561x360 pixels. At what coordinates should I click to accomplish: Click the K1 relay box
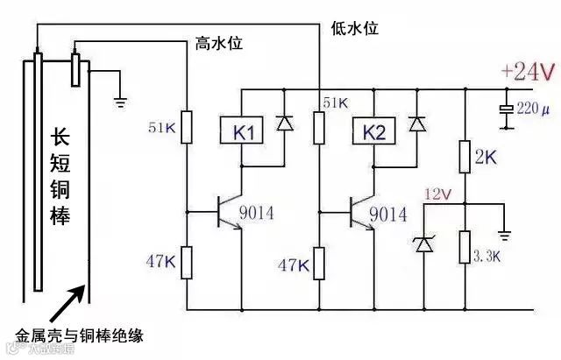click(x=245, y=133)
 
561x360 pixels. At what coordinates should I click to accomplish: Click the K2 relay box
click(x=373, y=133)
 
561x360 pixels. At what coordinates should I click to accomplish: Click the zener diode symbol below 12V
click(x=424, y=242)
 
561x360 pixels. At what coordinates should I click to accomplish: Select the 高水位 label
click(x=218, y=43)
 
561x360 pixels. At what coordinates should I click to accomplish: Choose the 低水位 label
click(x=354, y=28)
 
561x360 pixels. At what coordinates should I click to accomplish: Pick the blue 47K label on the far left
click(x=160, y=260)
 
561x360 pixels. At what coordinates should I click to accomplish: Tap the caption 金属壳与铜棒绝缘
click(x=79, y=335)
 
